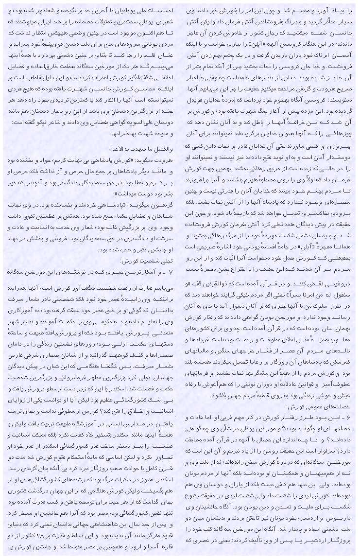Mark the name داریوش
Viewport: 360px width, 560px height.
[345, 523]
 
